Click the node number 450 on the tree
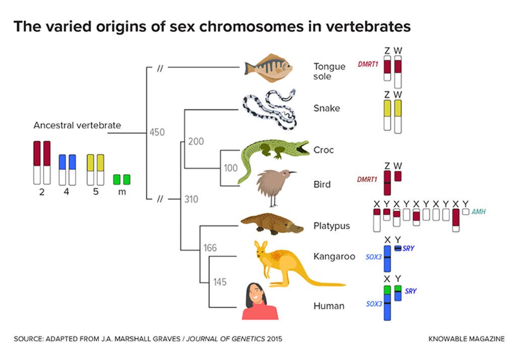pos(157,133)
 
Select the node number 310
pos(191,199)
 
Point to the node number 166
pos(210,248)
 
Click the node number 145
pos(220,282)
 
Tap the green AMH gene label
pos(478,212)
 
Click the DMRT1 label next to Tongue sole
pos(368,65)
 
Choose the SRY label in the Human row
pos(411,291)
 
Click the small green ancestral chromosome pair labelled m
pos(122,179)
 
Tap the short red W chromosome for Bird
pos(398,176)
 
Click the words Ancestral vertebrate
pos(77,125)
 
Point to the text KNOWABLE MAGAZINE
pos(466,339)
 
